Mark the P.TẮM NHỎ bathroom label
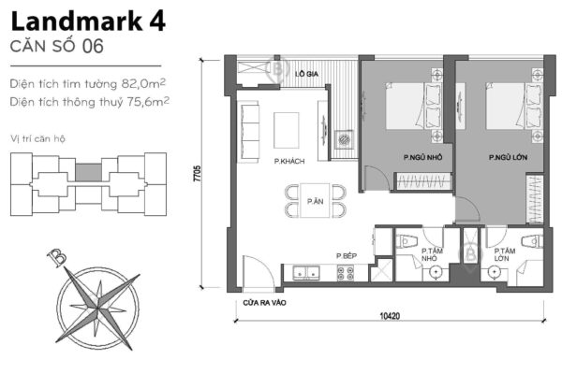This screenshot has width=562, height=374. pos(433,256)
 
